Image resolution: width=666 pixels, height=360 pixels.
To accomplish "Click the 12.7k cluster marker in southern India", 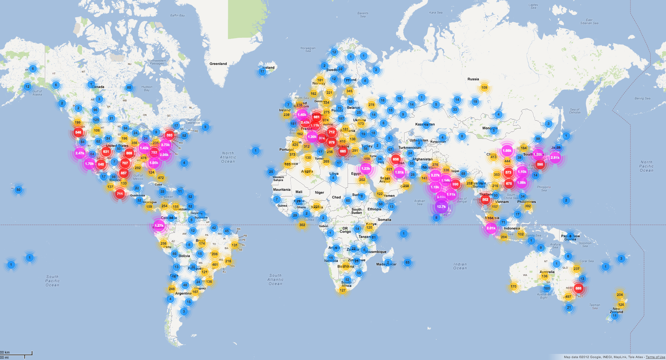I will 441,206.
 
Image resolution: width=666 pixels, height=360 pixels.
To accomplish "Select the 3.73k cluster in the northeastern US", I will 166,145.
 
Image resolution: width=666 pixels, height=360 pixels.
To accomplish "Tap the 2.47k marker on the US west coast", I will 80,153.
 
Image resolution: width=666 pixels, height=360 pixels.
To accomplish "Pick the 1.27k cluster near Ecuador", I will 159,225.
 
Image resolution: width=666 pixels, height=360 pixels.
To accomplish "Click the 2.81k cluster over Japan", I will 555,158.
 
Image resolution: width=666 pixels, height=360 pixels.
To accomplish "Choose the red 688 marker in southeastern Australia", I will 578,288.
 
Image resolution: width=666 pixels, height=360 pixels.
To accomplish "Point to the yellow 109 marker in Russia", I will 484,87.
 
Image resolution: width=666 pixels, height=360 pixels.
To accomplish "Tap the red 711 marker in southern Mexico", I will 119,194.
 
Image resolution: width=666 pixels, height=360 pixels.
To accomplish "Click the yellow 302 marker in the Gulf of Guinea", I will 302,225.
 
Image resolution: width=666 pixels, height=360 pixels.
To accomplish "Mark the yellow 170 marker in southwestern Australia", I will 514,286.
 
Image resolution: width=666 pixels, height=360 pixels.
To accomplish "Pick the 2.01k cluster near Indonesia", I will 491,229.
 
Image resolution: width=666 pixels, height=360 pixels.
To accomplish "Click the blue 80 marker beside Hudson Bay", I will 129,87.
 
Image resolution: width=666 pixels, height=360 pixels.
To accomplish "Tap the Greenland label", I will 218,64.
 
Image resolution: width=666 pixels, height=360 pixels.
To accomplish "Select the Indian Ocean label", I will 460,265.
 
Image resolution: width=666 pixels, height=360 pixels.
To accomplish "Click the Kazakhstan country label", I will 425,124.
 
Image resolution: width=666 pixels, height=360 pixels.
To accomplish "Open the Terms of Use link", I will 655,357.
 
